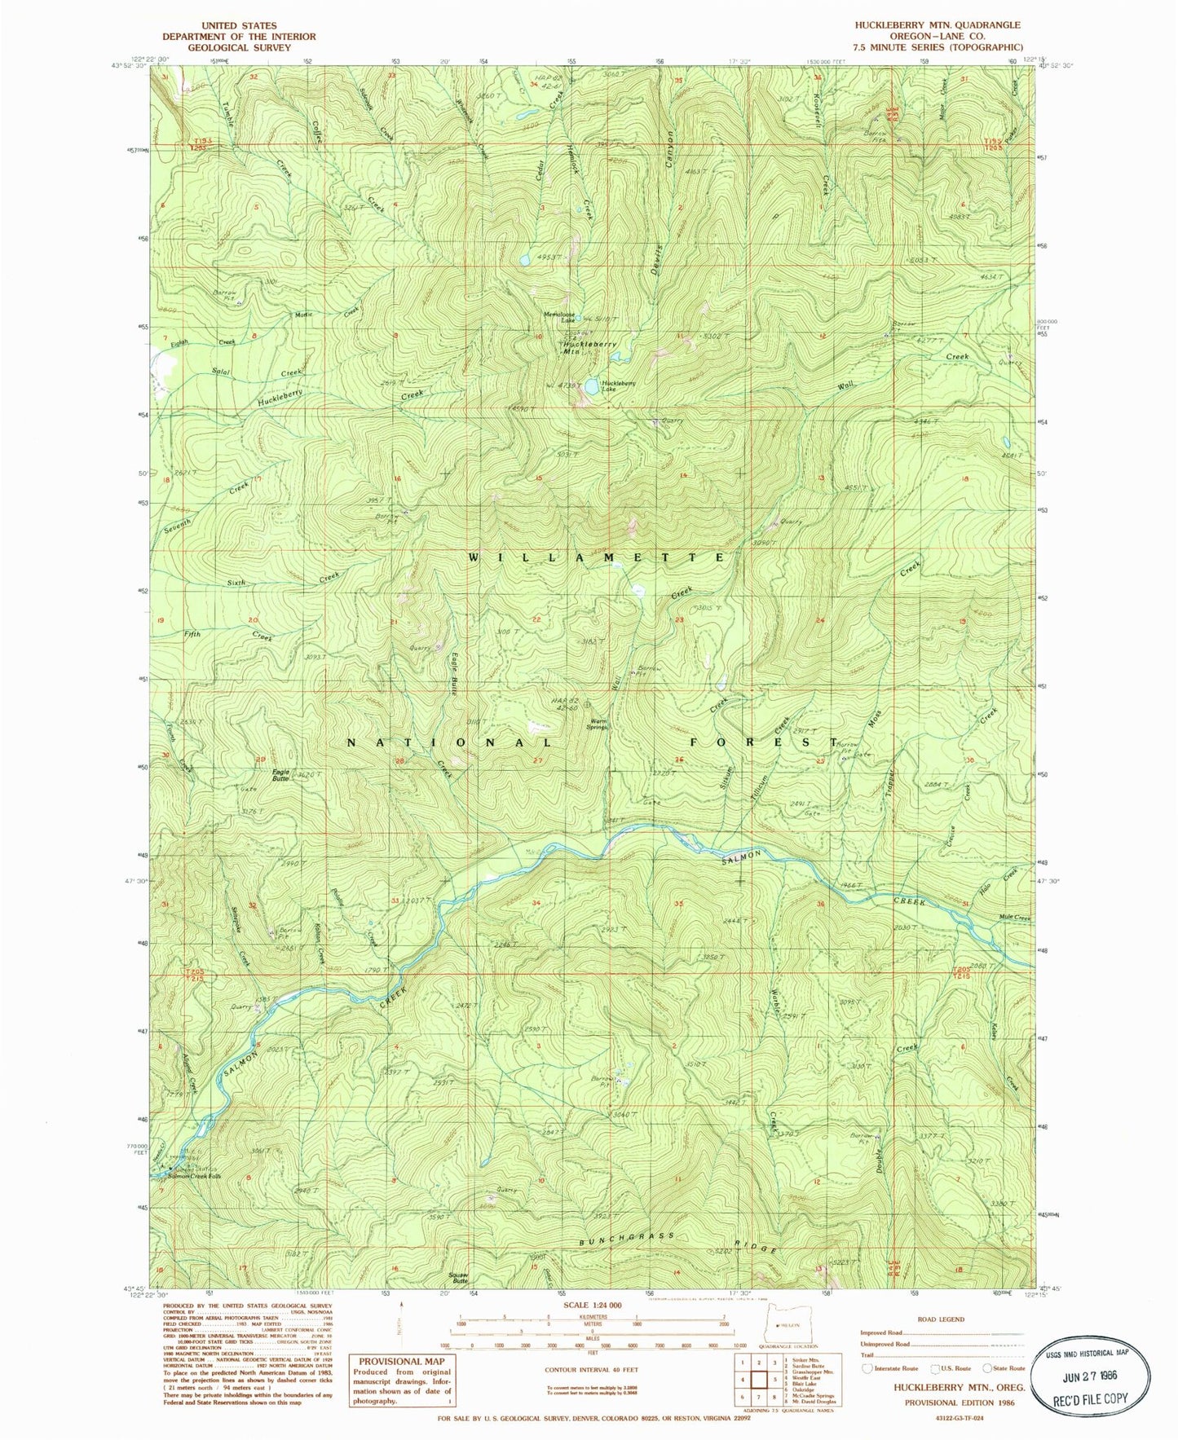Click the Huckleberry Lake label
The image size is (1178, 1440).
click(x=618, y=386)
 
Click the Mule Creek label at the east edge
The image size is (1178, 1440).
click(x=1014, y=918)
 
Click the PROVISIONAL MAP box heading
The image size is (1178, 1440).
click(x=402, y=1361)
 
